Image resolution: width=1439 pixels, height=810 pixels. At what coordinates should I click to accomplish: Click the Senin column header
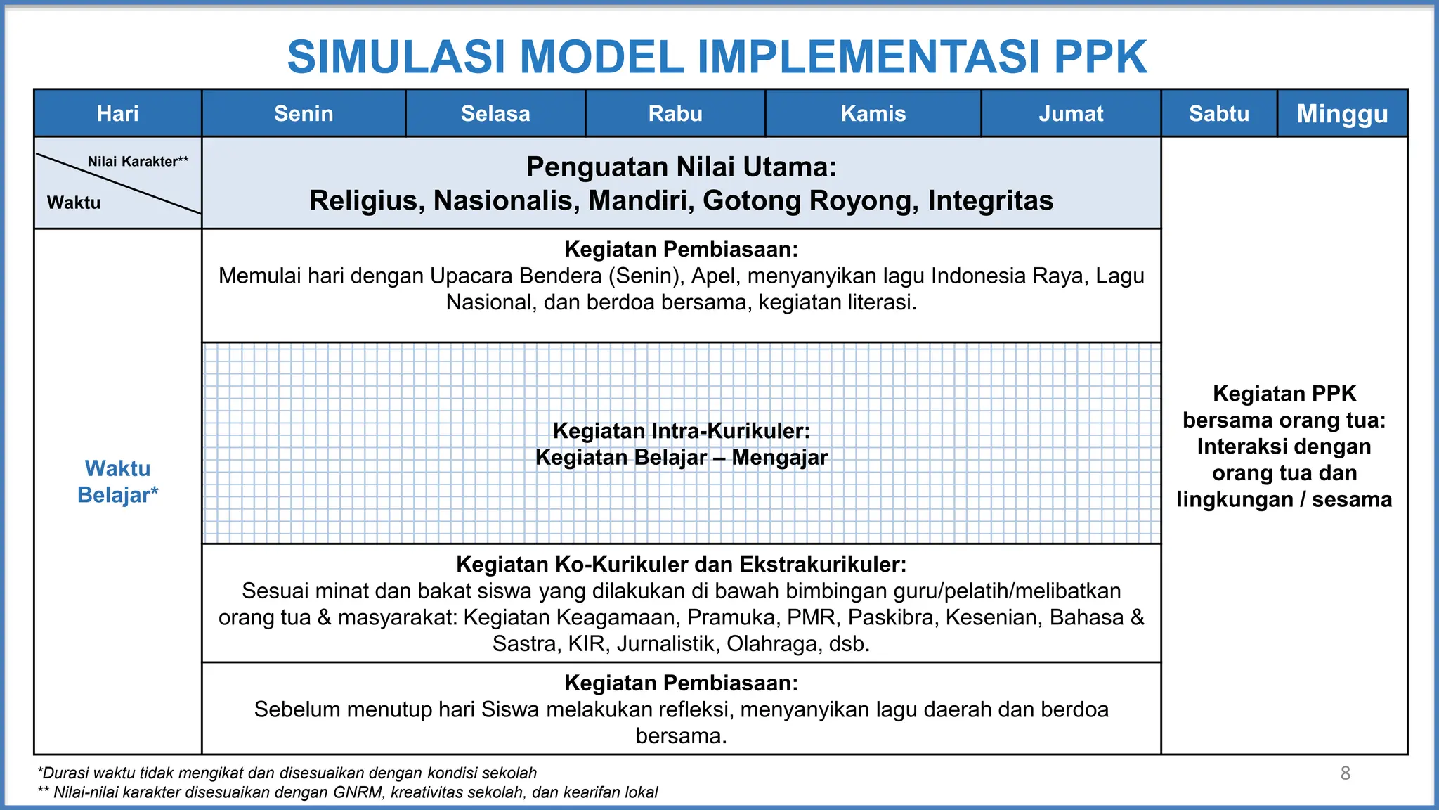304,113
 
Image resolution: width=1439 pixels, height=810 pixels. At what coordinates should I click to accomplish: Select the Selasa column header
495,113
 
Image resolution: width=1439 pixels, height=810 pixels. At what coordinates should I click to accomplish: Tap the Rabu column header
675,113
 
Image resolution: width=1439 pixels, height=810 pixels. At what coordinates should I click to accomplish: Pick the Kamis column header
873,113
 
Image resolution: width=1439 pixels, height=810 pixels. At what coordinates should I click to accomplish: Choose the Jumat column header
1071,113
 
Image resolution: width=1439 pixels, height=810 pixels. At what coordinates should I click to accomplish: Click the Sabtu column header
1219,113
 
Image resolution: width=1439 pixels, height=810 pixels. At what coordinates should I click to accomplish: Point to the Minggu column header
1342,113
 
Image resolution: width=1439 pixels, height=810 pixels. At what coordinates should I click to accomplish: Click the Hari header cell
117,113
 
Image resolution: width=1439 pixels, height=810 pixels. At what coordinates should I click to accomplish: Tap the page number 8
1345,773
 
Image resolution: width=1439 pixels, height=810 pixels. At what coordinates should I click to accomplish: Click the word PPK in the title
1100,57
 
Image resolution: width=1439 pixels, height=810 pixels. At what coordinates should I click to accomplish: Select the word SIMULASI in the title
396,57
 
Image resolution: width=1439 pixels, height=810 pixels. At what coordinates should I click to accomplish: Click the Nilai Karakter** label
138,162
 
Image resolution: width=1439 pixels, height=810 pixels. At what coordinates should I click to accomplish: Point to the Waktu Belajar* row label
117,482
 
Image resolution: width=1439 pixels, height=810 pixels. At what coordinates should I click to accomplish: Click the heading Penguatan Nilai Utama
681,167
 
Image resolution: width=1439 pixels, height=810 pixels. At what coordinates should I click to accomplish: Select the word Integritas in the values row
990,201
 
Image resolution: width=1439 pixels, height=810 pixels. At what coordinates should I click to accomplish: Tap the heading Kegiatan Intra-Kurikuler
681,430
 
